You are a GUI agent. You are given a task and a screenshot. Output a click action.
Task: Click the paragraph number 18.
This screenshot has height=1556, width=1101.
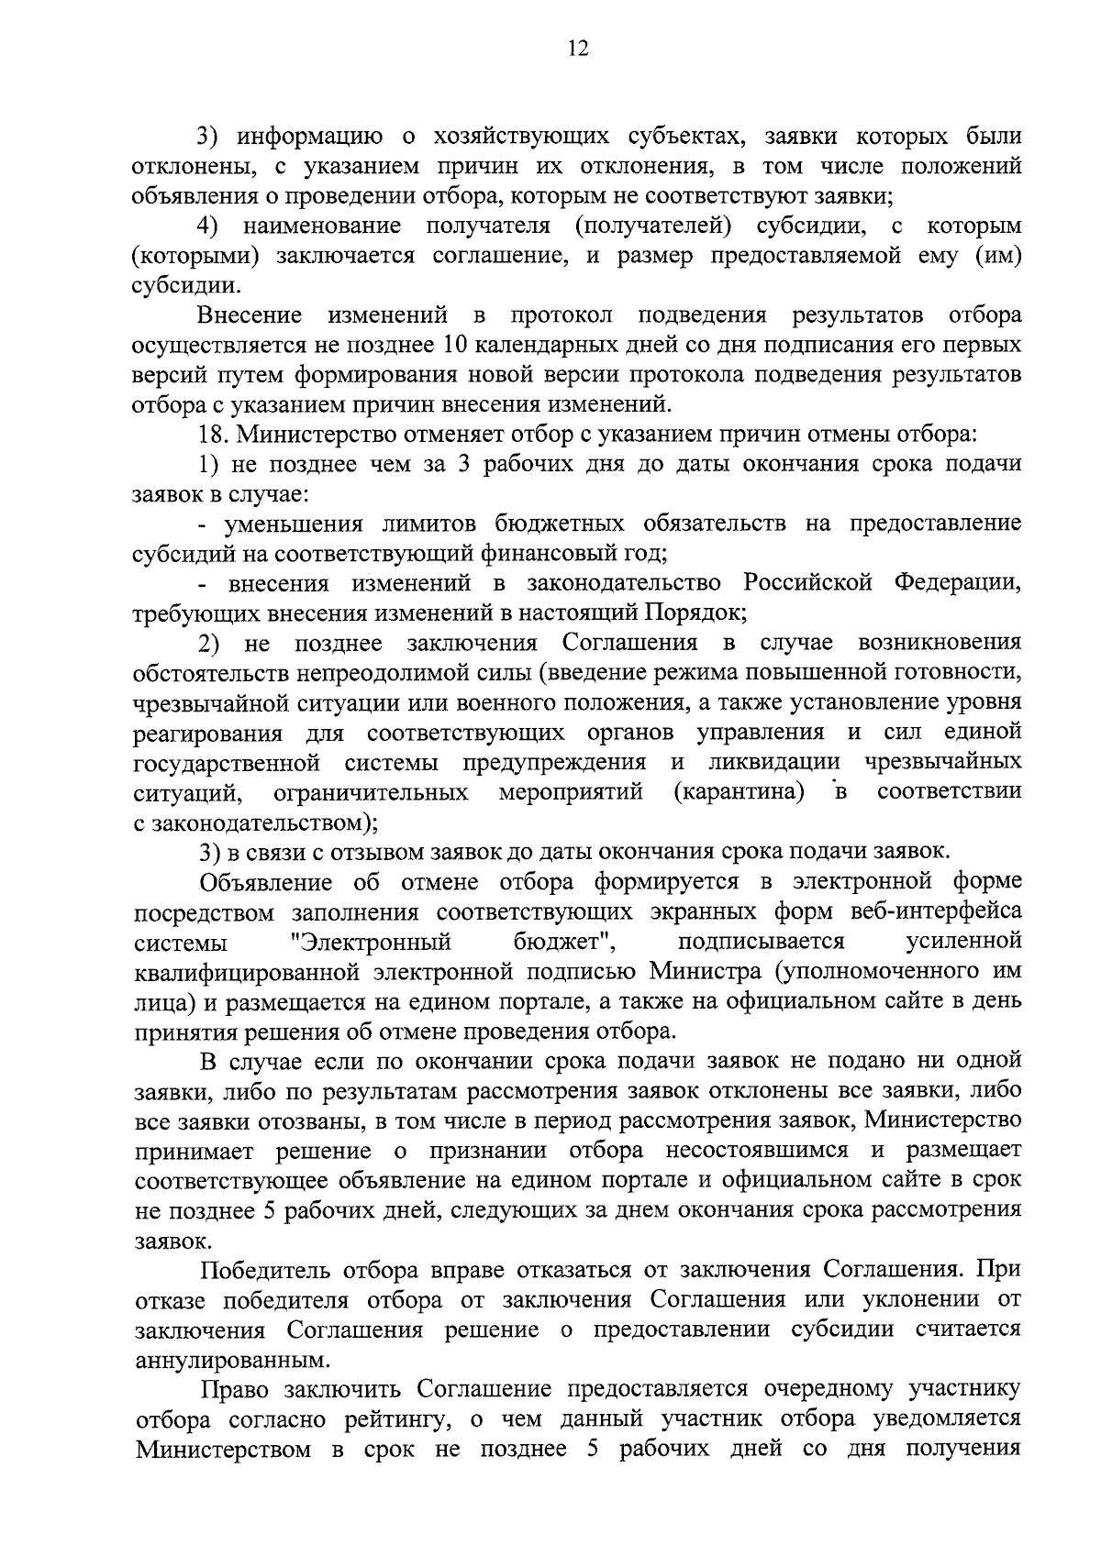click(x=213, y=435)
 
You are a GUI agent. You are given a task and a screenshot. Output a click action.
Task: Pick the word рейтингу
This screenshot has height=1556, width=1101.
click(x=384, y=1418)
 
